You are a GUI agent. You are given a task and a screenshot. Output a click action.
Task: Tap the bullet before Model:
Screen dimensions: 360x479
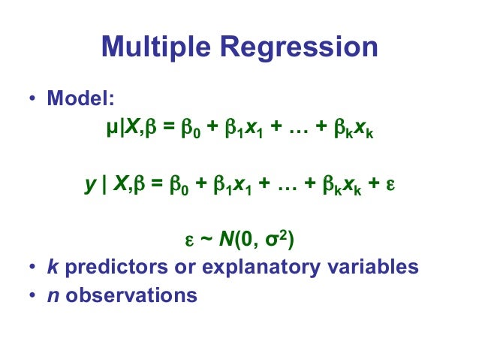coord(32,99)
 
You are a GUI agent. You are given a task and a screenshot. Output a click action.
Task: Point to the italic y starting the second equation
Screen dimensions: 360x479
coord(89,186)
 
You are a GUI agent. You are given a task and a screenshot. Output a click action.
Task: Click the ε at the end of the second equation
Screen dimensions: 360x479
coord(390,186)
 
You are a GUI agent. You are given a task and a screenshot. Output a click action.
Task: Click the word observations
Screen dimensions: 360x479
coord(131,295)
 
